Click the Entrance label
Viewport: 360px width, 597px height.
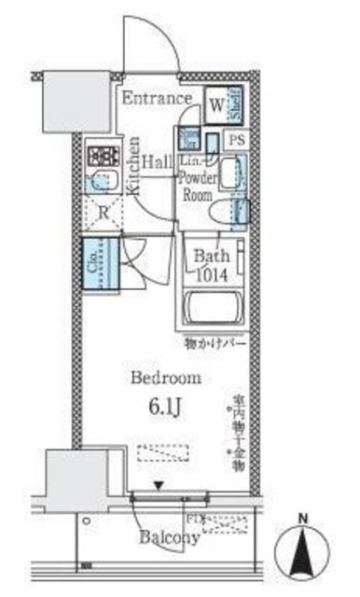coord(156,98)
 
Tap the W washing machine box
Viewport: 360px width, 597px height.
coord(215,104)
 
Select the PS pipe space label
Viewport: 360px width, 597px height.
coord(237,140)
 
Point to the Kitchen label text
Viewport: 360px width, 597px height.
coord(133,167)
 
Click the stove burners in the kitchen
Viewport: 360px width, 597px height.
coord(101,154)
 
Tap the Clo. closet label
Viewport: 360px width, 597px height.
coord(95,266)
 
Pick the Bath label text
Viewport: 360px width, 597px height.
coord(210,256)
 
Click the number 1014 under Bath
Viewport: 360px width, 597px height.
coord(211,273)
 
